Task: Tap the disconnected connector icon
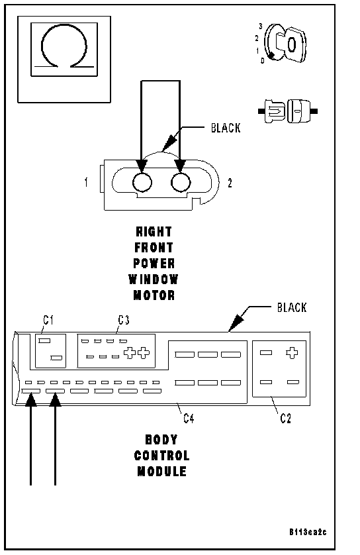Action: pyautogui.click(x=288, y=111)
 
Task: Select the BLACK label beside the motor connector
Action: pyautogui.click(x=226, y=128)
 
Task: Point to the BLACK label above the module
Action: pyautogui.click(x=292, y=307)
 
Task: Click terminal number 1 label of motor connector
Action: pyautogui.click(x=86, y=183)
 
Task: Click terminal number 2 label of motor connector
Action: pyautogui.click(x=230, y=183)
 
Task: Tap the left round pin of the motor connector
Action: pyautogui.click(x=142, y=183)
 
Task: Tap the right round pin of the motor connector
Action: pyautogui.click(x=181, y=183)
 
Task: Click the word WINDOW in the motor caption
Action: pyautogui.click(x=154, y=279)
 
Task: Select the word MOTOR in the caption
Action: pyautogui.click(x=154, y=295)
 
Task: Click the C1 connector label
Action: pyautogui.click(x=48, y=320)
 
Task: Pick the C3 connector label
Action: pyautogui.click(x=124, y=320)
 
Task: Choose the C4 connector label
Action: pyautogui.click(x=189, y=419)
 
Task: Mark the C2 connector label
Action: pyautogui.click(x=286, y=419)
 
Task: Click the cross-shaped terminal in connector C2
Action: pyautogui.click(x=292, y=353)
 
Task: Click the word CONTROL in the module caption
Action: pyautogui.click(x=161, y=456)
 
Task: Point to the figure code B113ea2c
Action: pyautogui.click(x=308, y=532)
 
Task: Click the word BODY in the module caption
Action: pyautogui.click(x=161, y=440)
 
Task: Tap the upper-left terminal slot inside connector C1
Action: pyautogui.click(x=44, y=341)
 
